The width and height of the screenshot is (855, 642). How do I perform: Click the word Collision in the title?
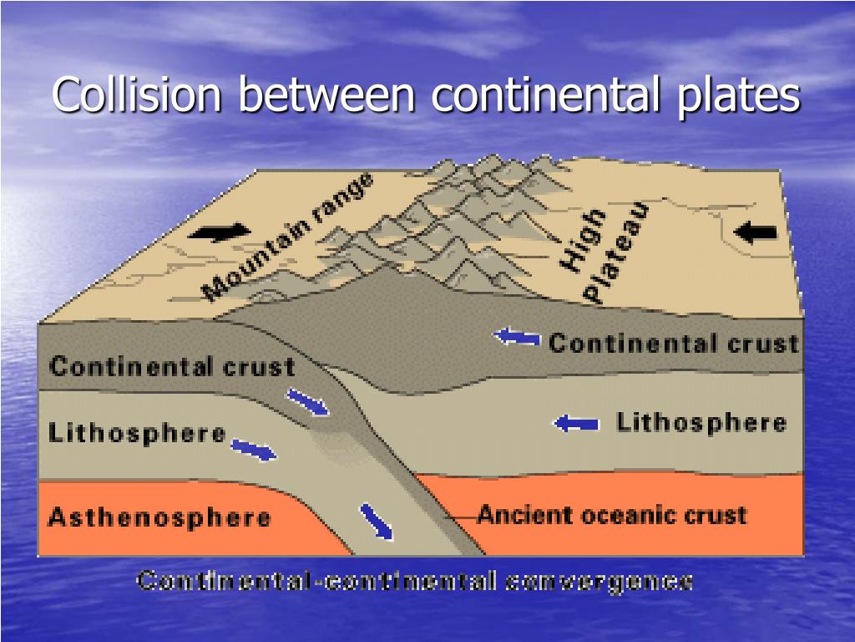click(138, 94)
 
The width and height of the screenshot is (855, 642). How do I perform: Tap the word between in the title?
click(326, 94)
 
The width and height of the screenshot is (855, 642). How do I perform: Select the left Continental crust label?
click(172, 366)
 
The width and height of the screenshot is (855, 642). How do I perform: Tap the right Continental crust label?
click(673, 343)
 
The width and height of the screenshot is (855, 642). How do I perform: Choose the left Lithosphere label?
click(137, 433)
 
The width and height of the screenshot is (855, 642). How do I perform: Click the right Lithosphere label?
click(701, 422)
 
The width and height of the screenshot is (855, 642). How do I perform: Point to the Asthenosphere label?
click(159, 517)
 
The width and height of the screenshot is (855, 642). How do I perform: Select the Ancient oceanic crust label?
click(612, 514)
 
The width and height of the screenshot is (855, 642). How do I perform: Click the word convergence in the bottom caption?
click(598, 581)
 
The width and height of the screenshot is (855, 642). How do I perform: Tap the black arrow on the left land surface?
click(220, 231)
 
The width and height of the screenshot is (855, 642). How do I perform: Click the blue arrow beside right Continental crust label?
click(517, 338)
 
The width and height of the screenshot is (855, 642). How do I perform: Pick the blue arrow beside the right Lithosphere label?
click(576, 424)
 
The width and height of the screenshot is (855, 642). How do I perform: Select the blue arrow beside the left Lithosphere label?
click(253, 450)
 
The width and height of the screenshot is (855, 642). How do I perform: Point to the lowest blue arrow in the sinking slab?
click(377, 522)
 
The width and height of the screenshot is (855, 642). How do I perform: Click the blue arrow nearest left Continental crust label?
click(309, 402)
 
